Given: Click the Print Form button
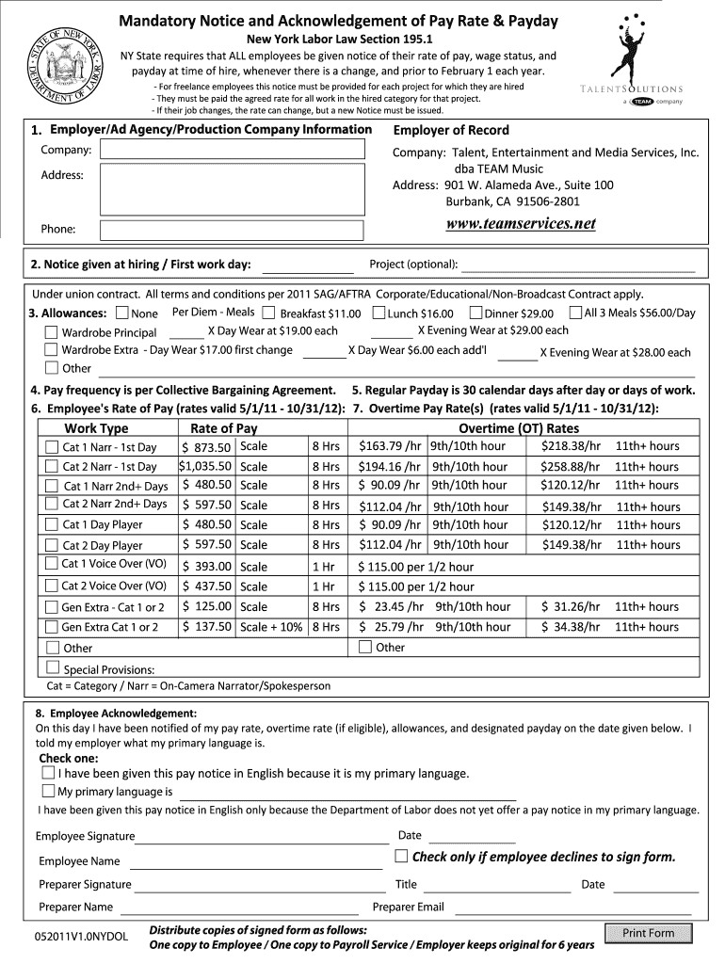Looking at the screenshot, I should pos(649,933).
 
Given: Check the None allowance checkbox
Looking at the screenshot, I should pos(122,313).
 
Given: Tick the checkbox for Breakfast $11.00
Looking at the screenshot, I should pos(268,313).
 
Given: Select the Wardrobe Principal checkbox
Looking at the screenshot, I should pos(51,332).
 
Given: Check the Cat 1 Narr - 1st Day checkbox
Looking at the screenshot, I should pos(51,447).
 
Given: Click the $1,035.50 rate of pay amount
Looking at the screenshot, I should pos(205,466).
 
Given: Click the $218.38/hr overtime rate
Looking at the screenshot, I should pos(571,446).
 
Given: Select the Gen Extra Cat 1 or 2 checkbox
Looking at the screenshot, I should pos(51,627).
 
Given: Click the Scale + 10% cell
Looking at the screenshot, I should pos(271,627).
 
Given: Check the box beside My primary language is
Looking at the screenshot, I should pos(48,791).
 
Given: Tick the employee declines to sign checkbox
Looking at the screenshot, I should pos(402,856).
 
